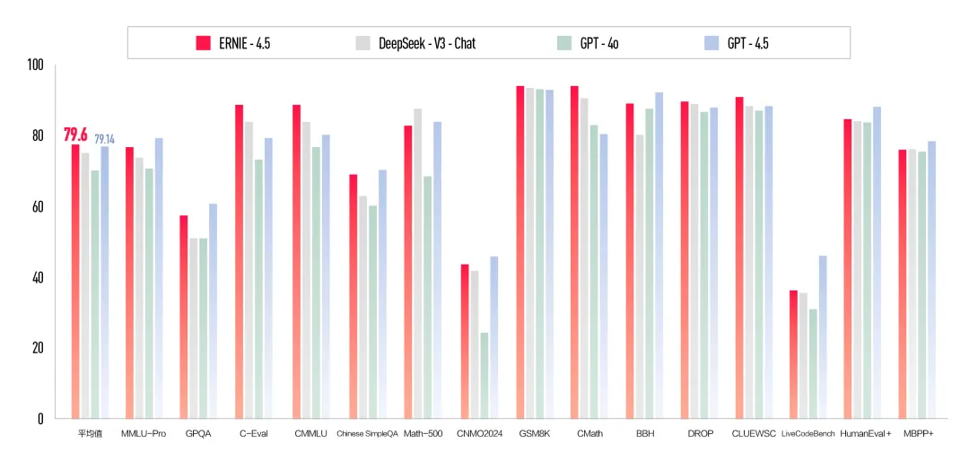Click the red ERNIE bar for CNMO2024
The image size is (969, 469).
coord(465,341)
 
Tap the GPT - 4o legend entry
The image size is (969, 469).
coord(588,42)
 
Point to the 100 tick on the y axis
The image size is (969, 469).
coord(35,65)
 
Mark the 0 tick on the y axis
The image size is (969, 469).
coord(39,418)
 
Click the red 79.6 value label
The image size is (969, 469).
coord(75,135)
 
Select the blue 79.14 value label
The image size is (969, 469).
coord(104,139)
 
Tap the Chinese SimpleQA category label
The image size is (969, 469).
coord(365,434)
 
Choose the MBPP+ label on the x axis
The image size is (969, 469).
coord(920,434)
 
